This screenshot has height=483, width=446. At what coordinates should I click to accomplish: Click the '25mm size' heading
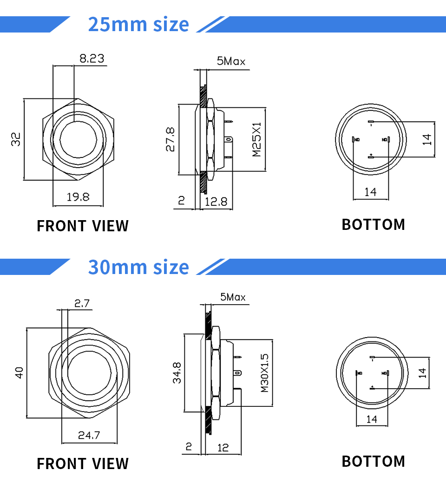click(138, 24)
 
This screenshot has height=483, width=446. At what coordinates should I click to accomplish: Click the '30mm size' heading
click(138, 267)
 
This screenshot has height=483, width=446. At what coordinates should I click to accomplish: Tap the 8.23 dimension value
click(92, 59)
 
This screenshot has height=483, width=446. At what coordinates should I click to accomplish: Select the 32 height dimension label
click(16, 139)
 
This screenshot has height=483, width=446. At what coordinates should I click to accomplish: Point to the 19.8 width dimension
click(78, 197)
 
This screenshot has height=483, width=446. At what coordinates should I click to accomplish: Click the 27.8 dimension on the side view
click(170, 140)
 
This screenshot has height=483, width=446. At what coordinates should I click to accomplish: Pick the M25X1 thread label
click(257, 140)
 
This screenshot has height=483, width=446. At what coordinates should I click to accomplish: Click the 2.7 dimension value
click(82, 304)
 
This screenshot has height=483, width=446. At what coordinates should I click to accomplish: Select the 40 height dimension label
click(19, 372)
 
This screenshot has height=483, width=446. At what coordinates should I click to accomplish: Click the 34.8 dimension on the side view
click(177, 373)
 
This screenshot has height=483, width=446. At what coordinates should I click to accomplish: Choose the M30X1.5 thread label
click(264, 372)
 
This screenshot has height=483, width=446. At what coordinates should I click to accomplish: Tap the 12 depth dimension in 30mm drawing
click(223, 447)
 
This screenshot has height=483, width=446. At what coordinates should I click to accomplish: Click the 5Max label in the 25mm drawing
click(231, 61)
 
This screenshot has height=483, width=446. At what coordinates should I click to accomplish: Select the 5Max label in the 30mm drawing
click(233, 297)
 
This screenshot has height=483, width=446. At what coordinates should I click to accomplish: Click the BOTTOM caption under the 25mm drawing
click(373, 225)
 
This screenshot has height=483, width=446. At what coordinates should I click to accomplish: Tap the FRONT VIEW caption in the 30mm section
click(83, 463)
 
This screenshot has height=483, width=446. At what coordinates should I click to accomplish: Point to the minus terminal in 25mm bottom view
click(371, 123)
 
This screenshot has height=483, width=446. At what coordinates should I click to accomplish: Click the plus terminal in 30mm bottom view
click(372, 387)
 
